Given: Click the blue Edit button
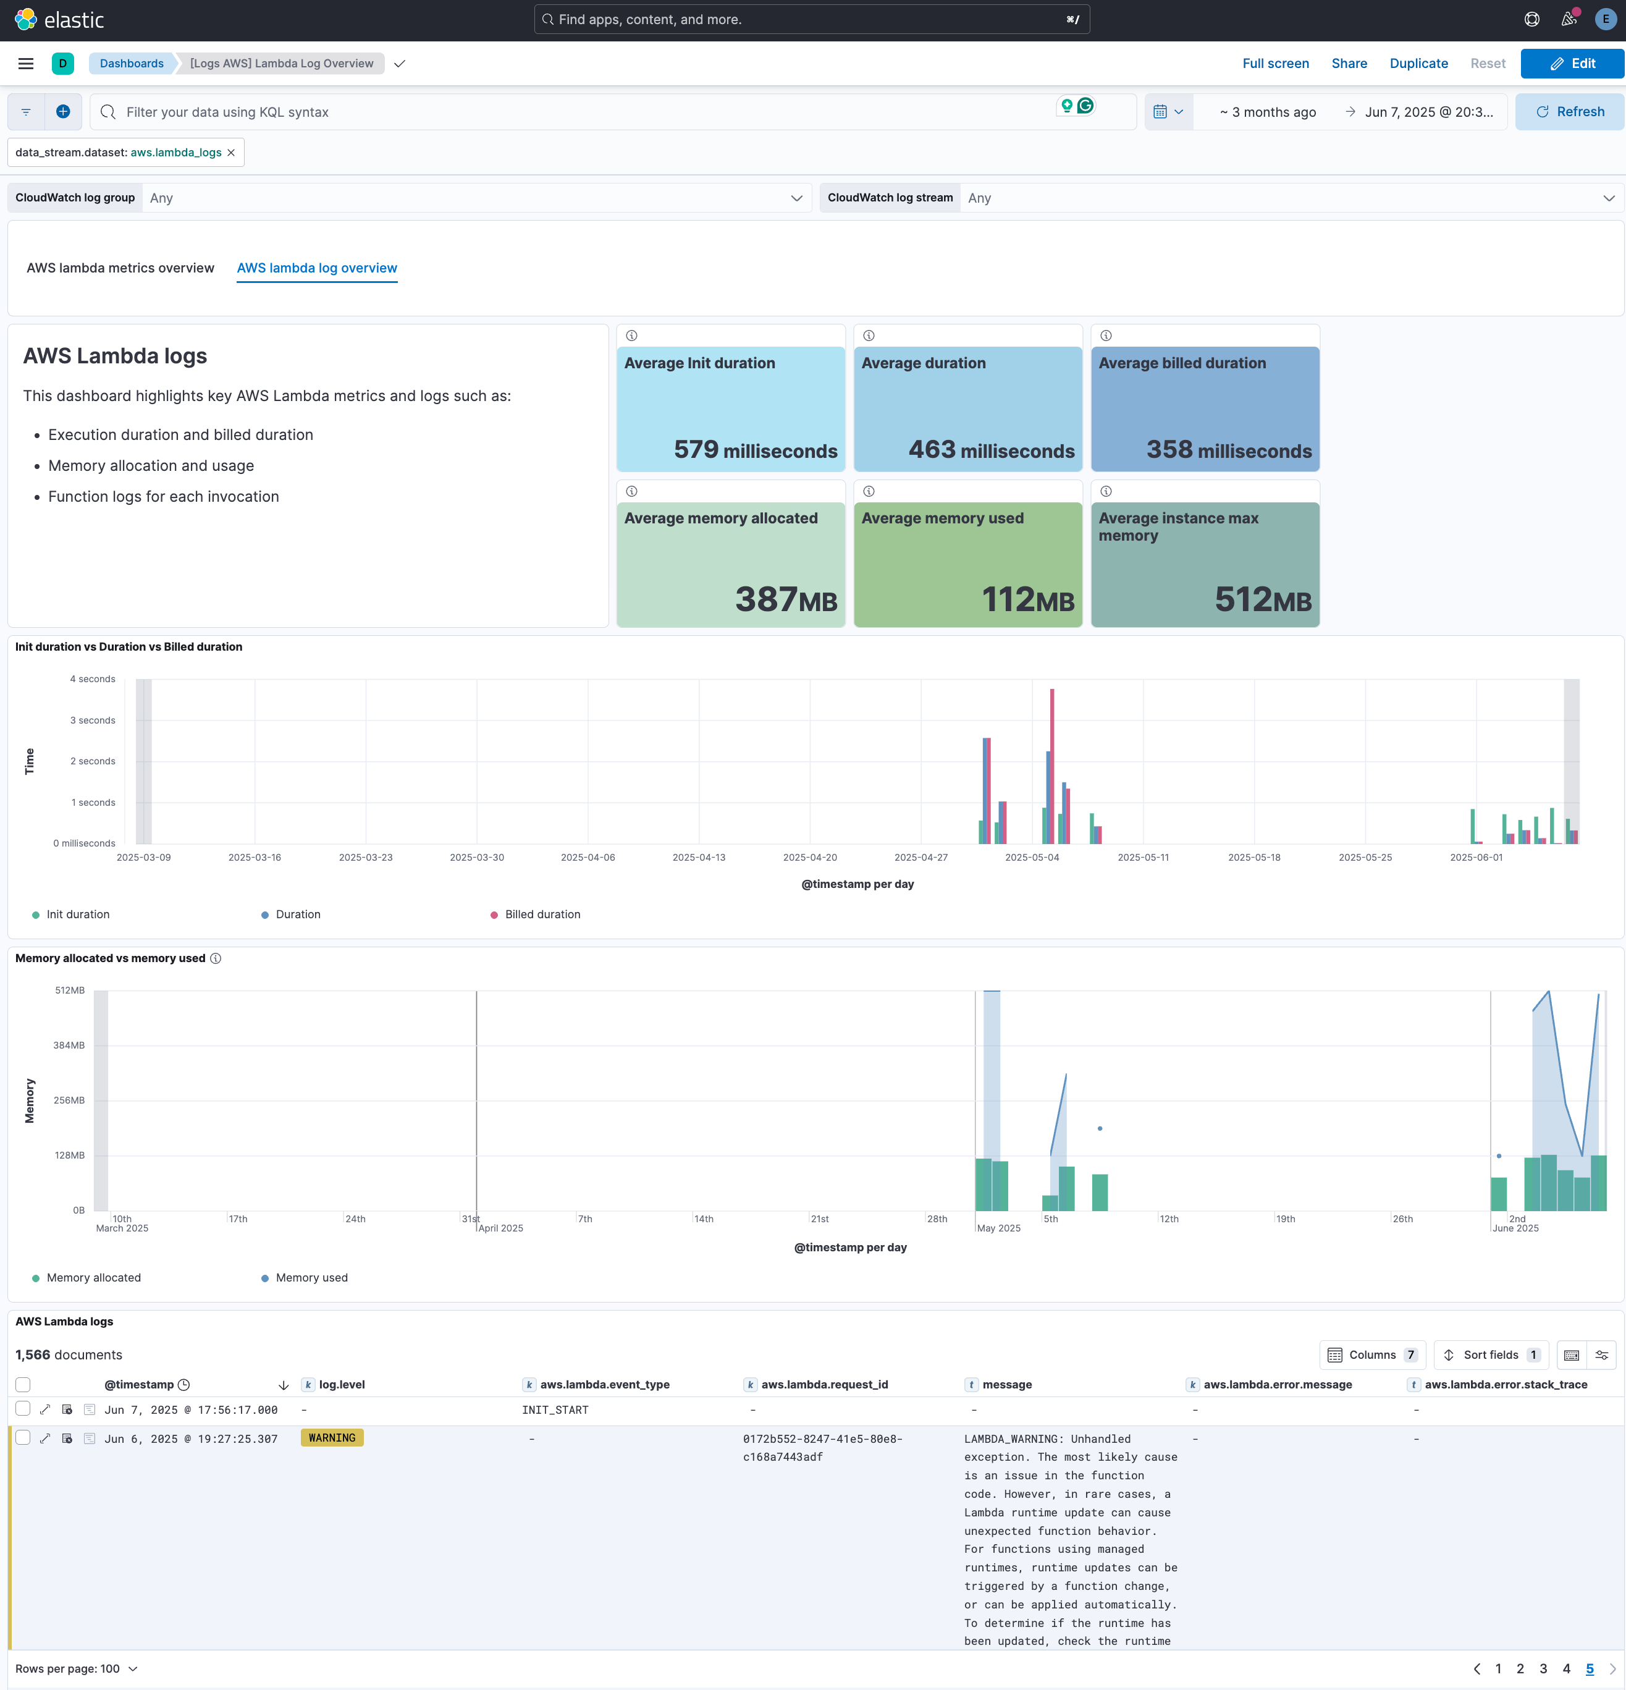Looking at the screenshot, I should [x=1572, y=64].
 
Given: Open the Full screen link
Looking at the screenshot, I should [x=1275, y=64].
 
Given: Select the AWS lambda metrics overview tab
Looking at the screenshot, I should [x=120, y=268].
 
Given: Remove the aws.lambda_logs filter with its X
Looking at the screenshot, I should [x=231, y=153].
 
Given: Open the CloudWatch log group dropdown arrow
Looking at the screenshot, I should [x=796, y=198].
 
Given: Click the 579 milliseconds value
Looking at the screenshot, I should [x=755, y=450].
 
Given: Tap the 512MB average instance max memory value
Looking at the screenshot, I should [x=1262, y=599].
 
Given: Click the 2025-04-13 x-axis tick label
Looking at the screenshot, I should [x=698, y=857].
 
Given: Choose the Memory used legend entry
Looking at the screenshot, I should [x=311, y=1278].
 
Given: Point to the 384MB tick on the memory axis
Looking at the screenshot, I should [x=69, y=1045].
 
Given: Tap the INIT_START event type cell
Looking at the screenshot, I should [x=555, y=1409].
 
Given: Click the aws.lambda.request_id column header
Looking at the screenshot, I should [x=824, y=1385].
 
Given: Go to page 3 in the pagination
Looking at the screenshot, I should [x=1543, y=1668].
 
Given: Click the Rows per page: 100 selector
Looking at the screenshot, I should [x=76, y=1668].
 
